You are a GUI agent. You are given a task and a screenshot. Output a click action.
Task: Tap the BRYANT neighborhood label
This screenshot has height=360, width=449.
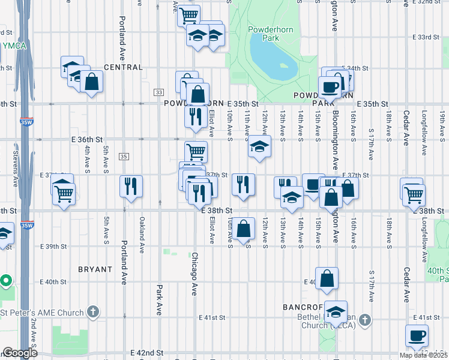tap(95, 269)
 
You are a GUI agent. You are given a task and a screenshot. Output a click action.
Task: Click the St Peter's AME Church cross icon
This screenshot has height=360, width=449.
tap(92, 311)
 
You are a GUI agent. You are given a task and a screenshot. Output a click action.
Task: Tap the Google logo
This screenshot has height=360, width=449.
tap(20, 353)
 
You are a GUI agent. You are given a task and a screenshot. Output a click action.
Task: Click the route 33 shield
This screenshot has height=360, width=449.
tap(158, 92)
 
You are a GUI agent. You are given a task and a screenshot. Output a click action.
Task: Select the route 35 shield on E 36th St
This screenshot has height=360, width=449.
tap(123, 157)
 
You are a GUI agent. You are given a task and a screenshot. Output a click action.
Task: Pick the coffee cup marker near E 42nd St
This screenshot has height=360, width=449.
tap(416, 335)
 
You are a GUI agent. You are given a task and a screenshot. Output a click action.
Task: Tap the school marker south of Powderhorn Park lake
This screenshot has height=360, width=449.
tap(259, 146)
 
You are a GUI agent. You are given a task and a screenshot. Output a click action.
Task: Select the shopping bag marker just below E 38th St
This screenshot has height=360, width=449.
tap(243, 228)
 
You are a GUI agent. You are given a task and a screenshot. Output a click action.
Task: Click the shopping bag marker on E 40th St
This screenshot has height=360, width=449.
tap(327, 278)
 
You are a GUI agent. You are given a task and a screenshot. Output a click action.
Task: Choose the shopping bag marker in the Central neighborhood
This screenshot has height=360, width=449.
tap(92, 82)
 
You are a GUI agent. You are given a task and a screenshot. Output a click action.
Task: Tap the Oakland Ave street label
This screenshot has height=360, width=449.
tap(142, 229)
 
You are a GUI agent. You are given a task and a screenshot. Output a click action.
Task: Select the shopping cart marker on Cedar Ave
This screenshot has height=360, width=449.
tap(414, 194)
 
